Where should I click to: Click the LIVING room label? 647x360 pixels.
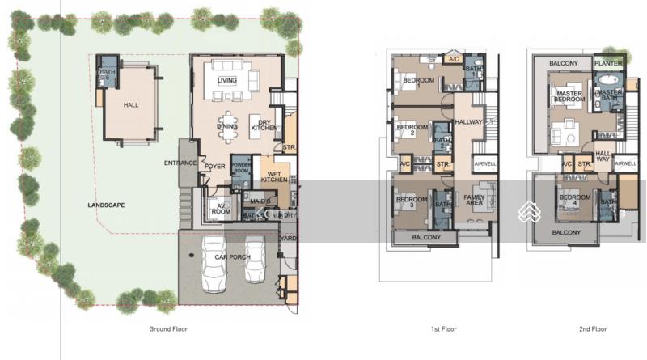(227, 80)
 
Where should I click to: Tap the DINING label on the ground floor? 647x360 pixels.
(227, 126)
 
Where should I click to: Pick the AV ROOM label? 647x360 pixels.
(219, 208)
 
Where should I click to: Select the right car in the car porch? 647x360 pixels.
(256, 264)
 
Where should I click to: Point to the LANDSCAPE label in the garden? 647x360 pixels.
(106, 205)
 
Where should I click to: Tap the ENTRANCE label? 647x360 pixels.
(180, 163)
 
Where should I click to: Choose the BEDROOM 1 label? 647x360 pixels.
(419, 81)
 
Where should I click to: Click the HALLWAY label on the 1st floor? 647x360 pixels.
(469, 122)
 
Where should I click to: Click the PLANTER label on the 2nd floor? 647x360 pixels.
(607, 62)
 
